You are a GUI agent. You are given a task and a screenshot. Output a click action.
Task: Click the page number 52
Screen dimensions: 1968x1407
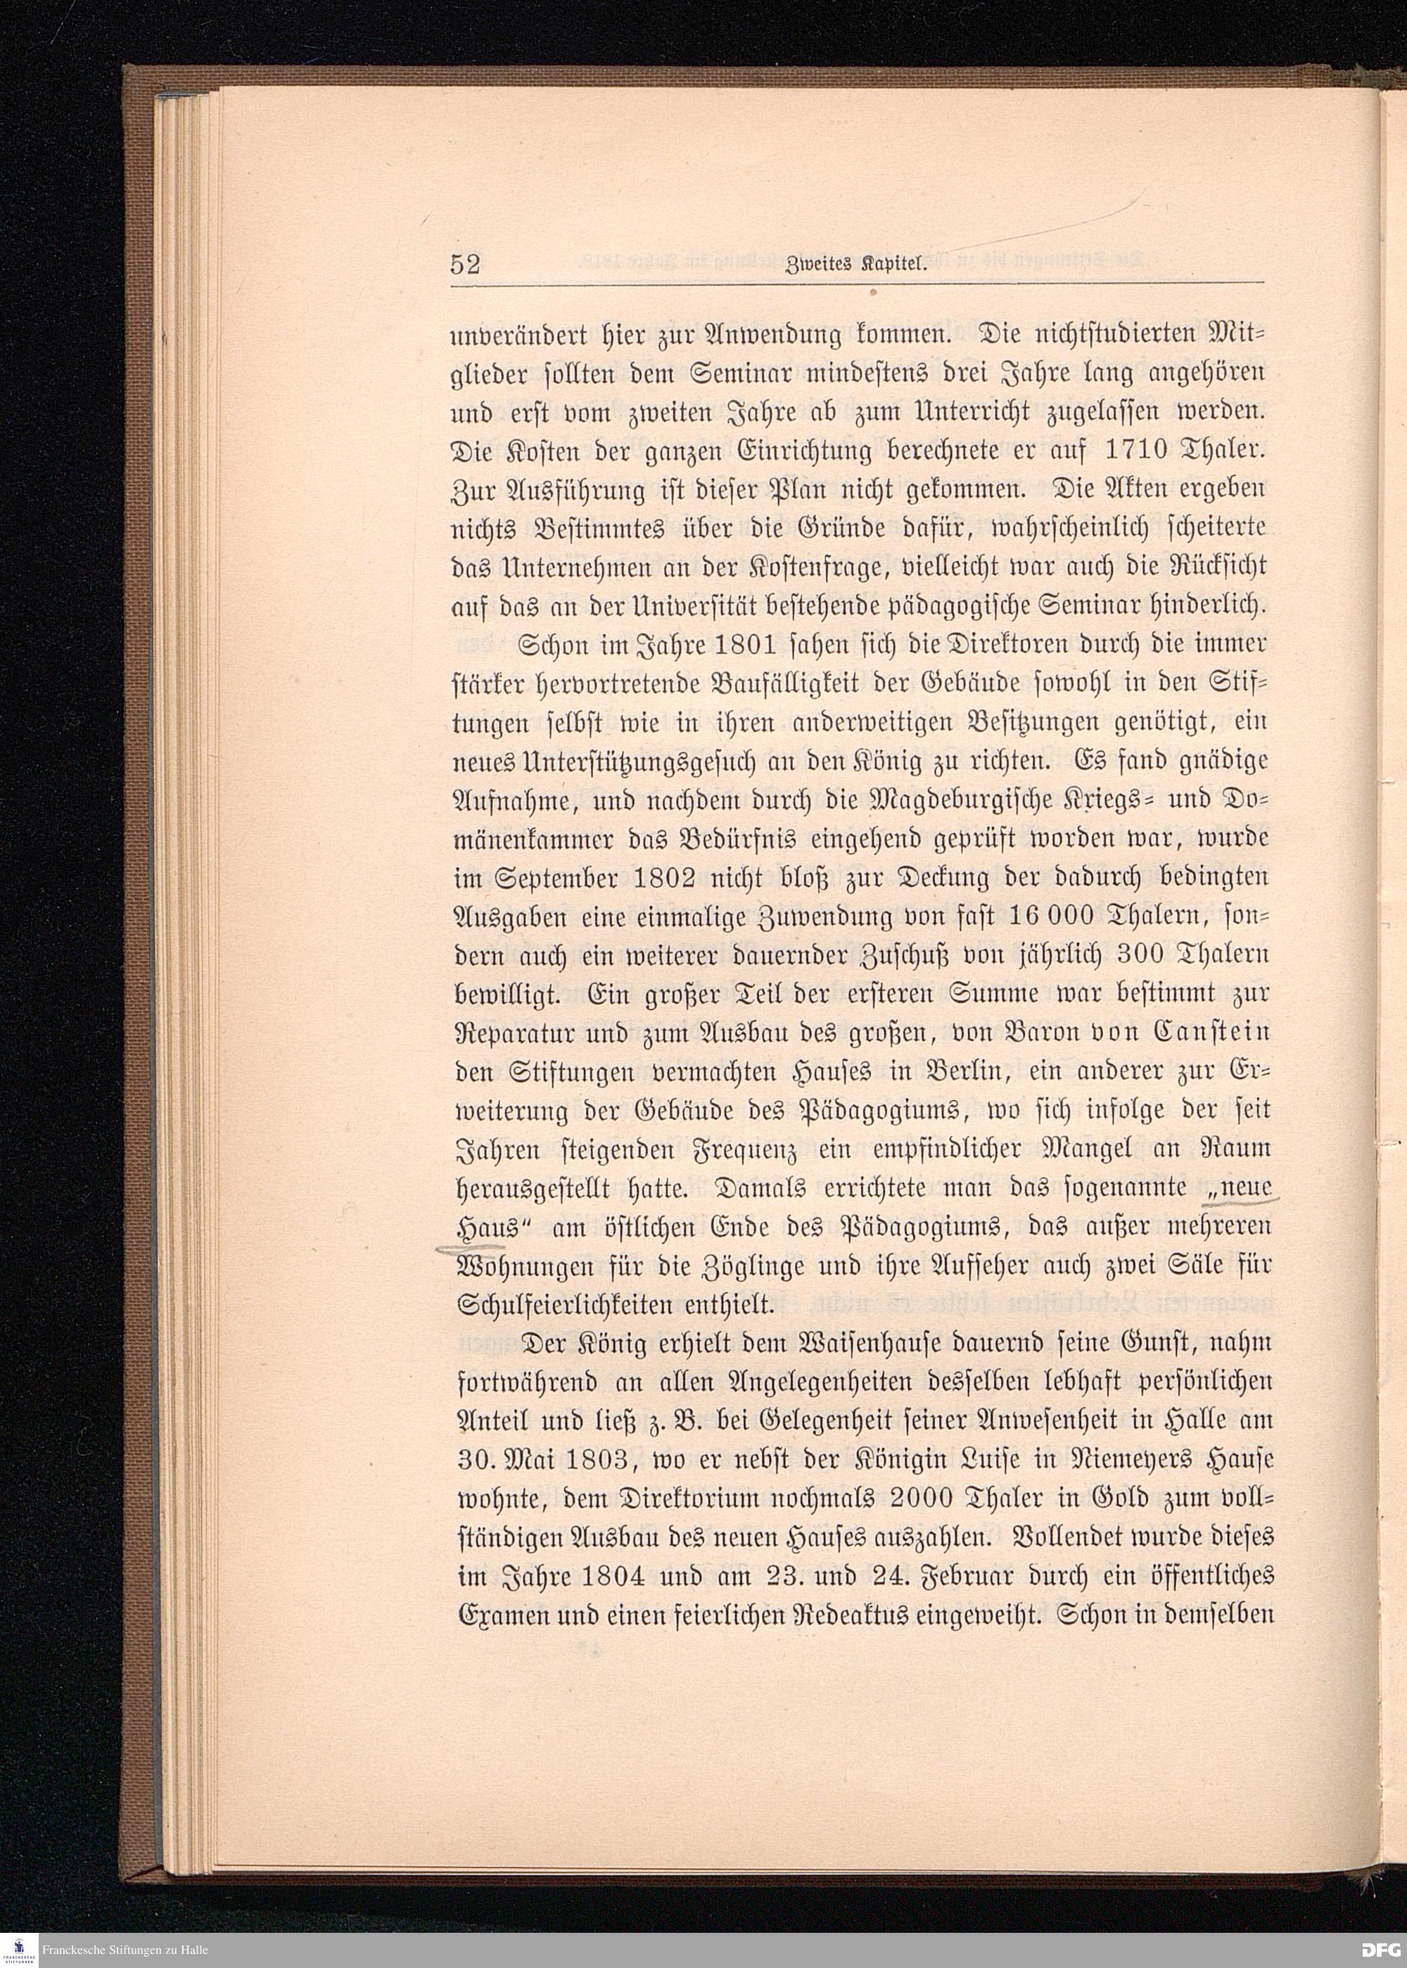click(x=465, y=265)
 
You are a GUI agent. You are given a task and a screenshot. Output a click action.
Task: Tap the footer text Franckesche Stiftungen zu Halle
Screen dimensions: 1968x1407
click(x=125, y=1950)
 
